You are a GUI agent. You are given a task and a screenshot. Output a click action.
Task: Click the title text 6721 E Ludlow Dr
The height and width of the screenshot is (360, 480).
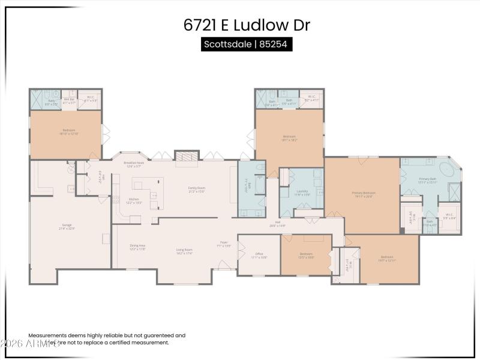[x=246, y=26]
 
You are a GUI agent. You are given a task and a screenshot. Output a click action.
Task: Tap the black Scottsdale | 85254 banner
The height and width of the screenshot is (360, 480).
[x=246, y=44]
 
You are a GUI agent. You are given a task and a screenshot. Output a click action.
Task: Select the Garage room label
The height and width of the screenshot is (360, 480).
[x=66, y=226]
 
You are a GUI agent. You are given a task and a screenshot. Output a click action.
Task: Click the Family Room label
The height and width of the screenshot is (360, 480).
[x=197, y=190]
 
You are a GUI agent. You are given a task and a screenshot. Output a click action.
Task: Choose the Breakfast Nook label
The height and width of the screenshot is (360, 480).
[x=133, y=164]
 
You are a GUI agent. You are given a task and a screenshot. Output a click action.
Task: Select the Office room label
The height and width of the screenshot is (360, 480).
[x=259, y=254]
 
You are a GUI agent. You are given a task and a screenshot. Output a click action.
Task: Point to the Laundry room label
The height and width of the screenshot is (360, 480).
[x=302, y=193]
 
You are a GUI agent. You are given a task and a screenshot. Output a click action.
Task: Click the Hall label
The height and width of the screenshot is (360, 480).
[x=277, y=223]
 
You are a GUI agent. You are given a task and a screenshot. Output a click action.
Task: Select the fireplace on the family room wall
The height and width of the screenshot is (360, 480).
[x=186, y=155]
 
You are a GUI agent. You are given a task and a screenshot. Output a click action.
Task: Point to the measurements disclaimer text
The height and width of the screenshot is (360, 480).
[x=107, y=339]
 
